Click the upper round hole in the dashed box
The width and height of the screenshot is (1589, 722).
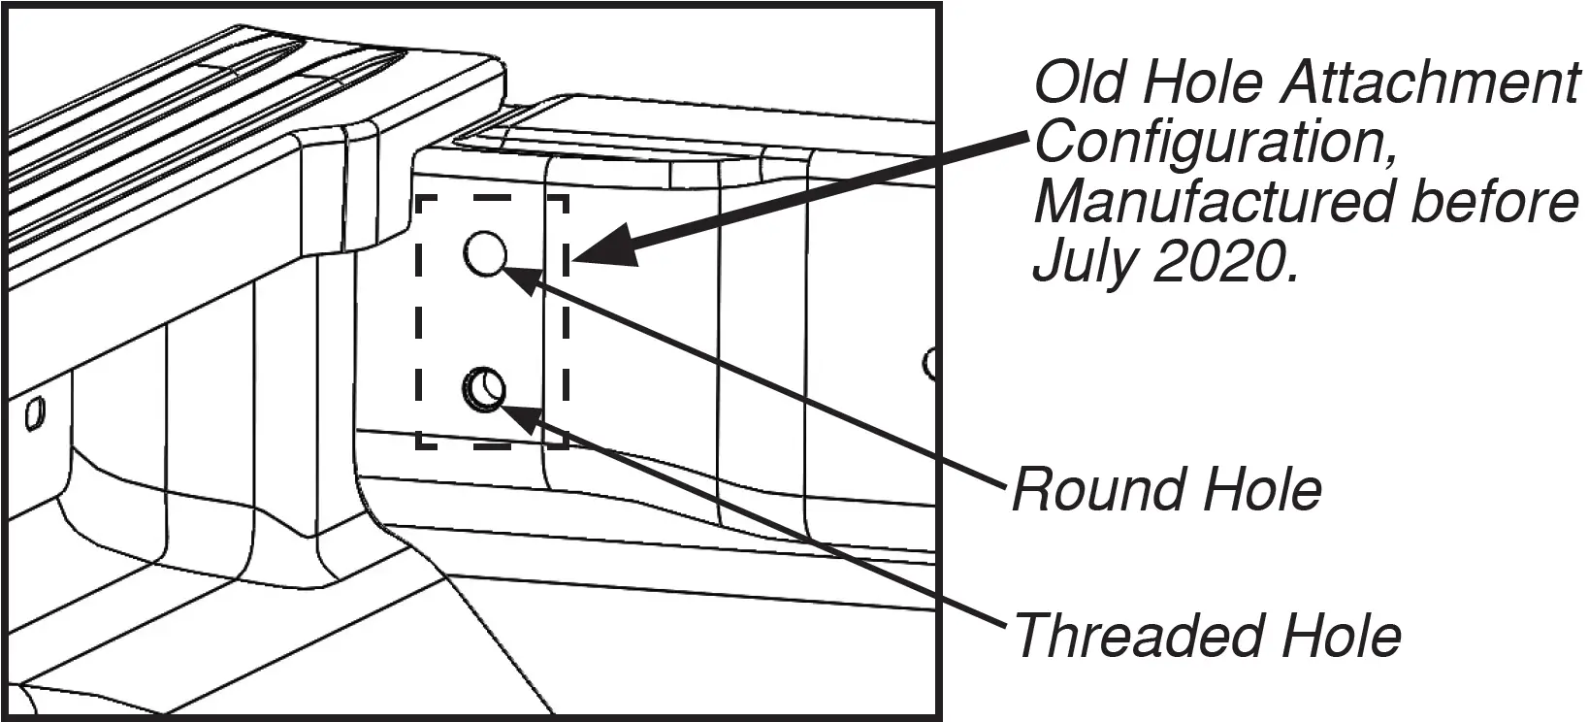(x=485, y=254)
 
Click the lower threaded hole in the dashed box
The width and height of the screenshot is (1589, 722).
(x=484, y=390)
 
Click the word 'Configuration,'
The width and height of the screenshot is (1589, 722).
(x=1217, y=144)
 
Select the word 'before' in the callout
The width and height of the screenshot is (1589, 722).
(x=1488, y=202)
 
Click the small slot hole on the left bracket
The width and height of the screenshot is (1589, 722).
(x=34, y=413)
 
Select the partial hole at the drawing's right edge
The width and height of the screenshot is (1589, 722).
(x=930, y=364)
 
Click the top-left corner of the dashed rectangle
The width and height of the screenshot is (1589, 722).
(x=418, y=198)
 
